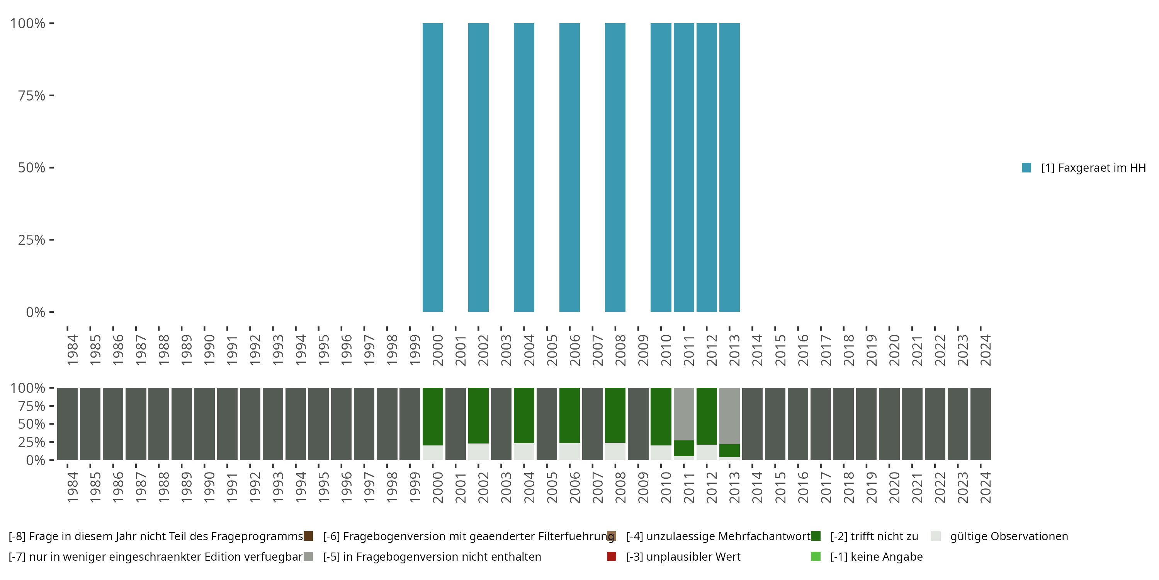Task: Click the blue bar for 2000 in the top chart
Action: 432,167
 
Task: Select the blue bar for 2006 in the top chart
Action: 569,167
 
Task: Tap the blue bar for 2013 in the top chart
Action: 729,167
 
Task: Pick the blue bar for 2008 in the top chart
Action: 615,167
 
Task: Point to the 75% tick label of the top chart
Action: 32,96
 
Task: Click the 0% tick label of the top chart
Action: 36,312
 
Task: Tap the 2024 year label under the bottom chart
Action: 985,487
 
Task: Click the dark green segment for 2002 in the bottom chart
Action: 478,415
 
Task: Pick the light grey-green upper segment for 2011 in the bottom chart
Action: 683,414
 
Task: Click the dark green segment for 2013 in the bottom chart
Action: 729,450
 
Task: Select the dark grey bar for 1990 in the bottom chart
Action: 204,424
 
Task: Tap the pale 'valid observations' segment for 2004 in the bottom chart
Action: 524,451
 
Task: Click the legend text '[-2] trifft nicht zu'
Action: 874,536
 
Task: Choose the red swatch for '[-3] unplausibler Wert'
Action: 612,556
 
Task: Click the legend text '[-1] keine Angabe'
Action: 876,557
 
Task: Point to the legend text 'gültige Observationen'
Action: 1009,536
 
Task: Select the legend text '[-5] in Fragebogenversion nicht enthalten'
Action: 432,557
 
